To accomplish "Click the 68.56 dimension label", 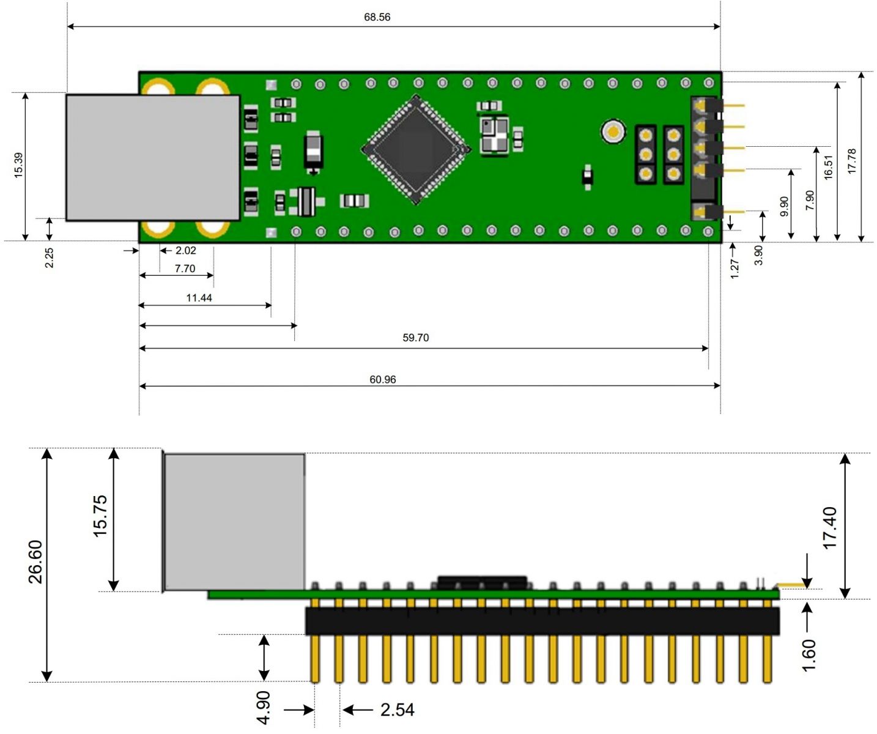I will (x=377, y=17).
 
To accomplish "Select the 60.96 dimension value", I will (x=383, y=380).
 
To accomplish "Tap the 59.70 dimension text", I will (x=416, y=338).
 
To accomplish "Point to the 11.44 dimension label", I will (x=199, y=298).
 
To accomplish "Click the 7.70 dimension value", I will (x=185, y=269).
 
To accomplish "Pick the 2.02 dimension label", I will (x=186, y=251).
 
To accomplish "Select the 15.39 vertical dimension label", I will (x=18, y=166).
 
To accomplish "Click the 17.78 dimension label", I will (x=852, y=161).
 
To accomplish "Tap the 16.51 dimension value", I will (x=829, y=167).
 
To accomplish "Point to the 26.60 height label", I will (x=35, y=562).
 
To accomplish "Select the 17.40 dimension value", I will (x=830, y=528).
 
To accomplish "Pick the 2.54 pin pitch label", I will (x=398, y=710).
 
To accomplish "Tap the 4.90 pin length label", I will (x=263, y=708).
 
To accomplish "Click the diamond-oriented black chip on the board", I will (x=416, y=149).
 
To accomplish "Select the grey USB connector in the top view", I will (x=153, y=158).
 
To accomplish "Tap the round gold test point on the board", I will (x=613, y=131).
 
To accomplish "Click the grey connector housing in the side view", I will (x=234, y=522).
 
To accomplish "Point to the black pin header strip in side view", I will (x=542, y=621).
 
